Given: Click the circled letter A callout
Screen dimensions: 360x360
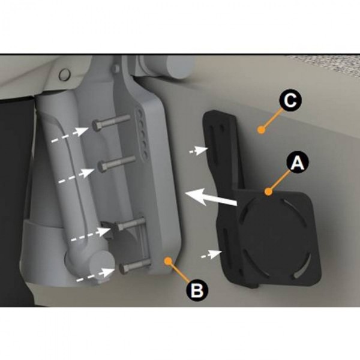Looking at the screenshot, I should (298, 161).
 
